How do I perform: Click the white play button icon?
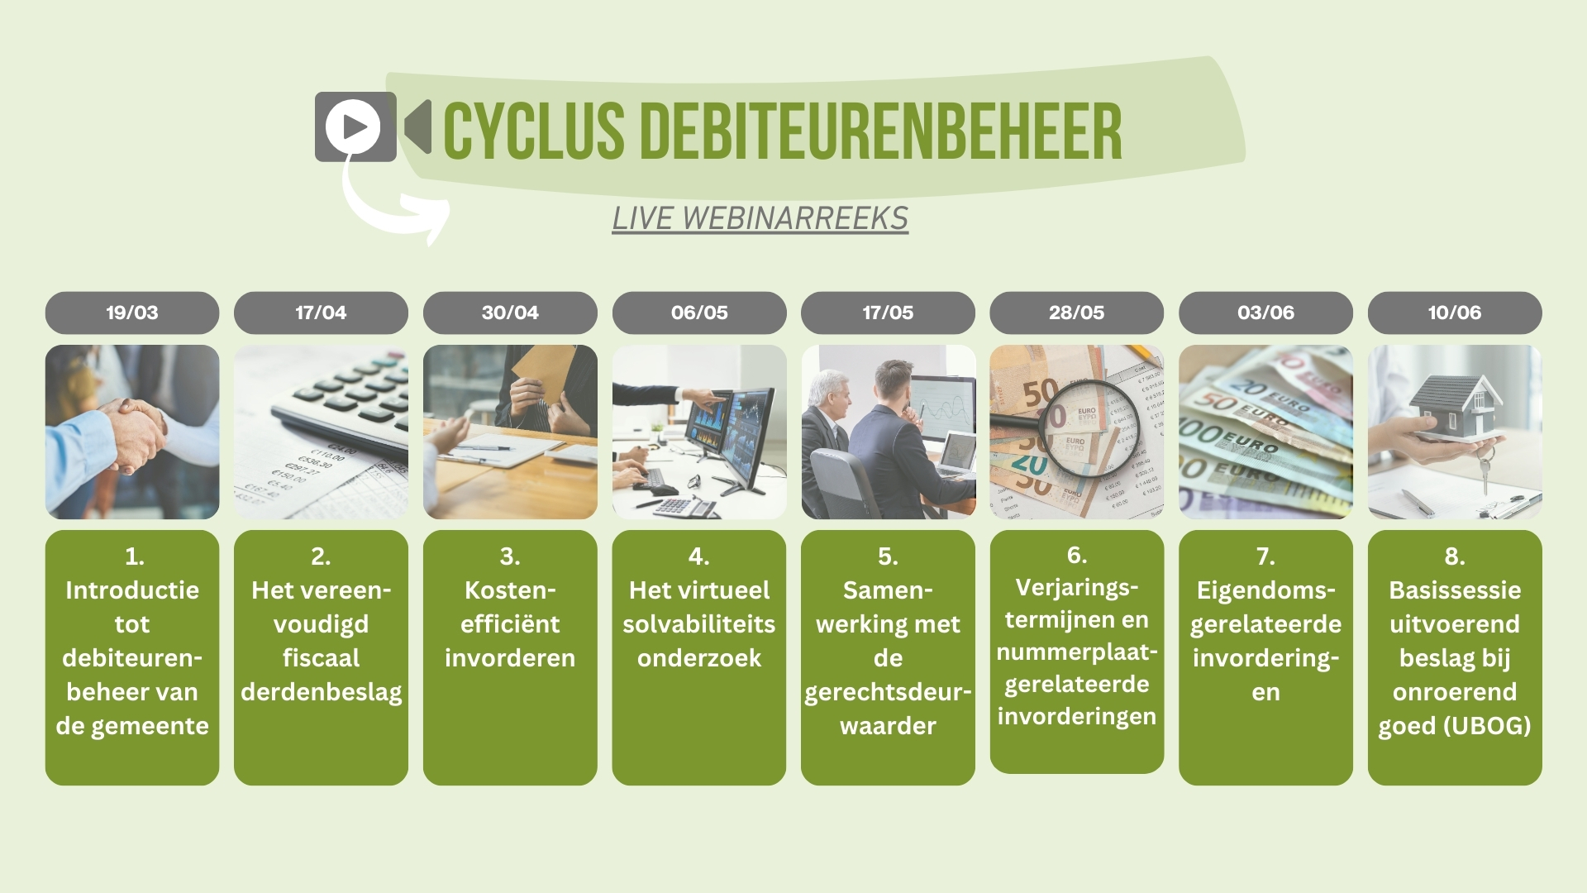(x=353, y=127)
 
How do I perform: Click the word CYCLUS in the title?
(x=534, y=131)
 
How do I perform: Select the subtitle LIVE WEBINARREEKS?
(x=760, y=218)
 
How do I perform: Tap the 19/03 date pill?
(x=132, y=313)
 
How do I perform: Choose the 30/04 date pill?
(x=510, y=313)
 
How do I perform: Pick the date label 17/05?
(x=888, y=313)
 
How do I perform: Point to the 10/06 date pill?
(x=1455, y=313)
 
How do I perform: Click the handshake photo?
(x=132, y=432)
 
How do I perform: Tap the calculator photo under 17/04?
(x=321, y=432)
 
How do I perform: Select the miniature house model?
(x=1456, y=406)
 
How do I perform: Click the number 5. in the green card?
(x=888, y=556)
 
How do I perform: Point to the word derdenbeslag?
(x=322, y=692)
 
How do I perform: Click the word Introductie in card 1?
(x=132, y=590)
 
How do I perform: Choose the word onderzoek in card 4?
(x=699, y=658)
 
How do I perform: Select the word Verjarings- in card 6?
(x=1077, y=588)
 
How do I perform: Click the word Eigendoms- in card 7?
(x=1265, y=590)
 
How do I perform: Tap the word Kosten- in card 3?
(x=510, y=590)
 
